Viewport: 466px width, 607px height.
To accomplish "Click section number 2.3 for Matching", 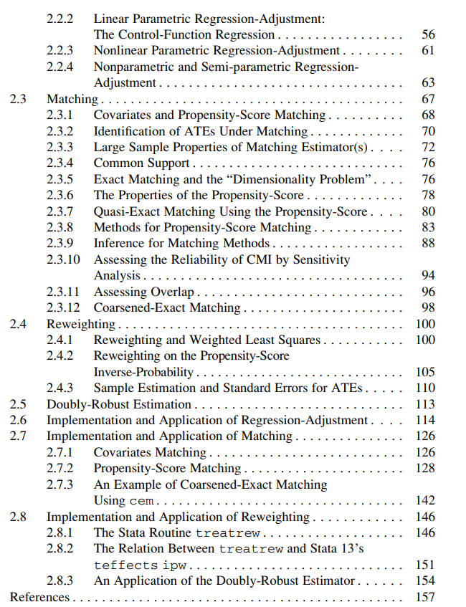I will click(18, 99).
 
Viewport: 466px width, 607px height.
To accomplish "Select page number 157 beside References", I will click(425, 597).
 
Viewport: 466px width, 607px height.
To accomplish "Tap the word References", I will click(40, 597).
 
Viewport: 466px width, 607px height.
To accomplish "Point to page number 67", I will click(428, 99).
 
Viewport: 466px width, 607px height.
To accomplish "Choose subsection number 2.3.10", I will click(64, 259).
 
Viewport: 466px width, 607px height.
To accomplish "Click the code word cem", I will click(141, 501).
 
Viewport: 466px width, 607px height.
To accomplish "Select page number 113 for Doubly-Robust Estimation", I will click(425, 404).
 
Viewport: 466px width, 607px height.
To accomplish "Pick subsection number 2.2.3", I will click(61, 50).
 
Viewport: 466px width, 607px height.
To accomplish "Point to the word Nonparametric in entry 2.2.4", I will click(134, 67).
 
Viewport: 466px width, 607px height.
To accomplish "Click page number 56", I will click(428, 34).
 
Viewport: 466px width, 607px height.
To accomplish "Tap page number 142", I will click(425, 501).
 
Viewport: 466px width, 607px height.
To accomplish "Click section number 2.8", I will click(18, 517).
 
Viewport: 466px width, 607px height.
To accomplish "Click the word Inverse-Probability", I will click(144, 372).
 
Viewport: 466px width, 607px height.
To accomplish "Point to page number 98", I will click(428, 308).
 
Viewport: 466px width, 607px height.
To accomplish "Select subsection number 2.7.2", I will click(61, 469).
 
